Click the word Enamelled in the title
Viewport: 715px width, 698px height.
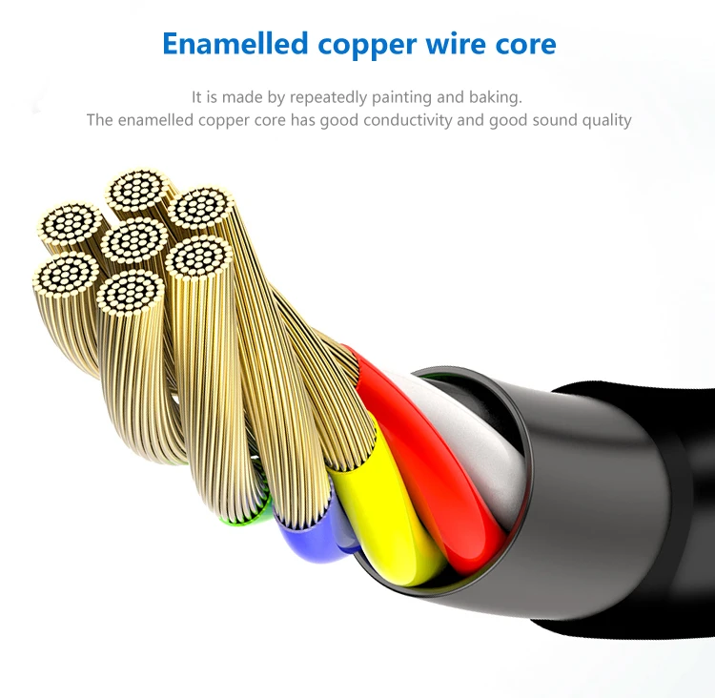(235, 44)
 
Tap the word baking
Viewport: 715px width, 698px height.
(496, 97)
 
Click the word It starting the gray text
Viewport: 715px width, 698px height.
(197, 97)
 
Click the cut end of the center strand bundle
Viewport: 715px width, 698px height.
(134, 239)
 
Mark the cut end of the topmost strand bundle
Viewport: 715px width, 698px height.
(138, 191)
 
